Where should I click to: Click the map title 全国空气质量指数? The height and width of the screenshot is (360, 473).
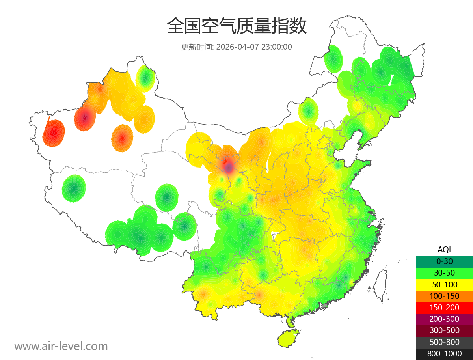236,26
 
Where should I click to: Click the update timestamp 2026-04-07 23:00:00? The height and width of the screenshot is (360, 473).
254,47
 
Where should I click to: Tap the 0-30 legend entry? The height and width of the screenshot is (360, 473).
444,261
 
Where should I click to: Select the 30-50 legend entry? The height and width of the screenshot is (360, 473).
444,273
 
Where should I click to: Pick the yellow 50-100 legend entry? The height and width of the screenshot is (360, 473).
444,284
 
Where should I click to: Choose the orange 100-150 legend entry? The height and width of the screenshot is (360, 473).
444,296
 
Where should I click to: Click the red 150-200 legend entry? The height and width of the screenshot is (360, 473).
444,308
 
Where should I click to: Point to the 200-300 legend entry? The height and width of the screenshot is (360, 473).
444,319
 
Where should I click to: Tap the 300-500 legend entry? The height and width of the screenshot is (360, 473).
444,330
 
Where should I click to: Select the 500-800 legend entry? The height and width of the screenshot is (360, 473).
444,342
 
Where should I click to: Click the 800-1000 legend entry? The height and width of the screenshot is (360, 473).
444,354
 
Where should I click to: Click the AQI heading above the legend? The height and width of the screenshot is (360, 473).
444,250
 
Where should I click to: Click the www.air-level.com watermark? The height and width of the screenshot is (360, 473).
61,346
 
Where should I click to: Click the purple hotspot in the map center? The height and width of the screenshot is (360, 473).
228,167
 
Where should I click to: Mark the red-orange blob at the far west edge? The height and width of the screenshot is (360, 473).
54,133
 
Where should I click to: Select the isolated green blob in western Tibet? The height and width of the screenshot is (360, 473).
74,188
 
